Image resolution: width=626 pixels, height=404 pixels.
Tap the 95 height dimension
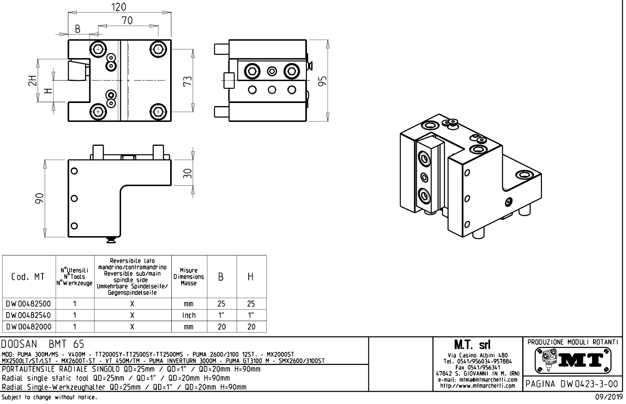click(322, 81)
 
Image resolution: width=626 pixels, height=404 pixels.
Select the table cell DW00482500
click(28, 304)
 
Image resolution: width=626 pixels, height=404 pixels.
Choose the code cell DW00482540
click(28, 315)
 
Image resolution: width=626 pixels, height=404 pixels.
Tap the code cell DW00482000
click(28, 327)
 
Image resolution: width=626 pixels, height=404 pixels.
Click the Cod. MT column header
click(28, 277)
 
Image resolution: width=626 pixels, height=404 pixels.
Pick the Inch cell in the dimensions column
click(189, 315)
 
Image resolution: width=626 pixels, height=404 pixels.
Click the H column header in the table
click(251, 277)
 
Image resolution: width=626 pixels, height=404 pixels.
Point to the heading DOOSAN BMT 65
click(42, 344)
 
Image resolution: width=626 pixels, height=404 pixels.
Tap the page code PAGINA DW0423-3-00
click(573, 384)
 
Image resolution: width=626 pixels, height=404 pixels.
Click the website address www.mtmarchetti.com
click(477, 386)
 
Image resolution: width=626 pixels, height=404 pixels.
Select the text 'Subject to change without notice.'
click(49, 397)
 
